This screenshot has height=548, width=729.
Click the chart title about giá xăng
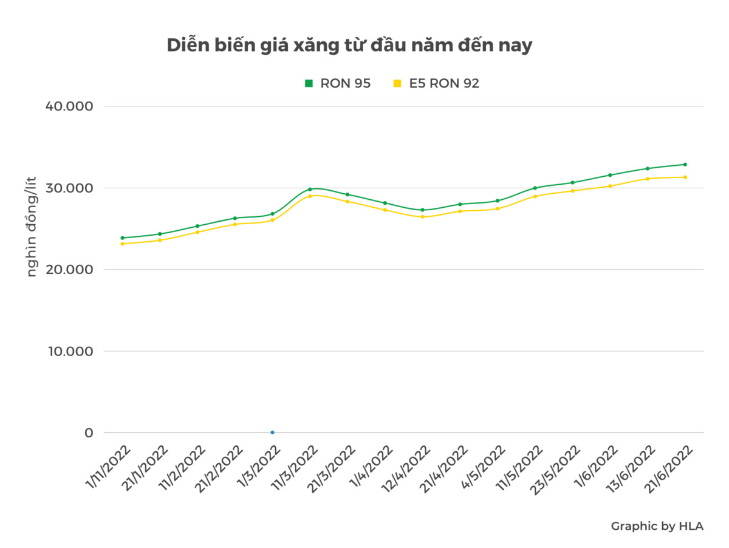point(349,46)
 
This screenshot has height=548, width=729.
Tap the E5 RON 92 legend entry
point(437,84)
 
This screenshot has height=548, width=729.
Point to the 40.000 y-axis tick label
point(70,106)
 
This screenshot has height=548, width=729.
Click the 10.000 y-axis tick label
point(70,351)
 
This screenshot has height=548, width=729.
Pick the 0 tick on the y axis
point(89,433)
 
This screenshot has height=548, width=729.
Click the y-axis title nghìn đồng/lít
point(32,226)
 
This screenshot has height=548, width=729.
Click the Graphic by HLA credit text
point(657,526)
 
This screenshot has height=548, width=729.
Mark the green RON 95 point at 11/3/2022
point(310,190)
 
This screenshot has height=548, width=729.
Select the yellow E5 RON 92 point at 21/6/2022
point(685,177)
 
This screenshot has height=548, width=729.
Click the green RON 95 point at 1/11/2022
point(122,238)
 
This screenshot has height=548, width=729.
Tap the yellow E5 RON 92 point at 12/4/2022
point(422,217)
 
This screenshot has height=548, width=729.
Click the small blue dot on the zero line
point(272,433)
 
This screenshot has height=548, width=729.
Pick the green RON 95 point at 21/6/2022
point(685,165)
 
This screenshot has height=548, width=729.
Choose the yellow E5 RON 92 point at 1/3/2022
point(272,220)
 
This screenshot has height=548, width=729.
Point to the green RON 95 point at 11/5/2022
point(535,188)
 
